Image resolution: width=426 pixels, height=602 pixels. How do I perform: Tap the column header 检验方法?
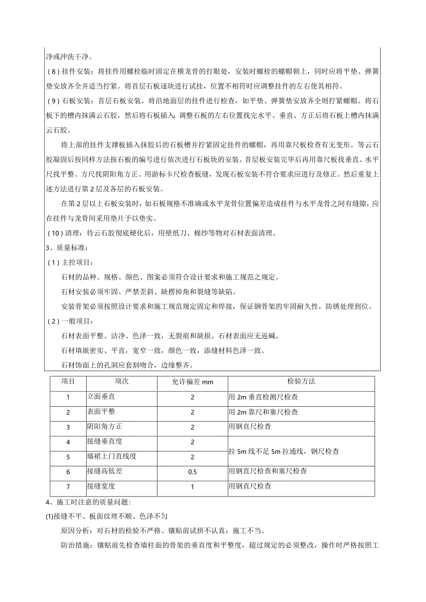(301, 381)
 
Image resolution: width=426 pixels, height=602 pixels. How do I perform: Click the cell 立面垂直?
(101, 397)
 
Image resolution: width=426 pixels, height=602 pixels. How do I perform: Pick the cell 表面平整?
(101, 412)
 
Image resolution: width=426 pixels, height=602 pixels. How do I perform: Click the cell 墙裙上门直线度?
(112, 457)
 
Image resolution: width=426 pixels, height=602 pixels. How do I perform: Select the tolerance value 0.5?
(192, 472)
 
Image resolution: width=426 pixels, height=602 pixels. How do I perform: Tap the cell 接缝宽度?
(101, 486)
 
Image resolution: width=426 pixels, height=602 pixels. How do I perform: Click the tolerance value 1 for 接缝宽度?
(192, 487)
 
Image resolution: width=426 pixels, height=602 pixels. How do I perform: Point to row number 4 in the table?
(68, 442)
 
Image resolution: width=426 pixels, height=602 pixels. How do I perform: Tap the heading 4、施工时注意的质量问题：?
(88, 502)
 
